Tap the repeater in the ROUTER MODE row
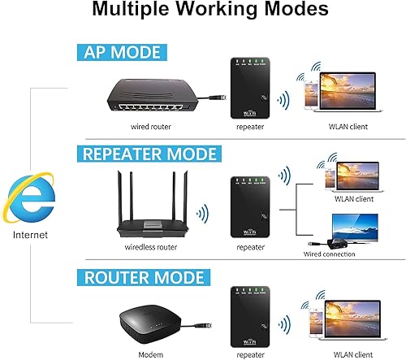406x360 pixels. (x=249, y=315)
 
